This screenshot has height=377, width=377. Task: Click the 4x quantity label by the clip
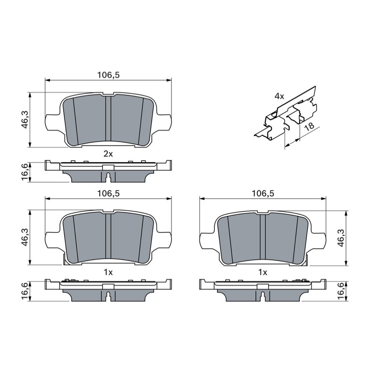tap(279, 97)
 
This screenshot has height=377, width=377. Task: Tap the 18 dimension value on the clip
tap(309, 126)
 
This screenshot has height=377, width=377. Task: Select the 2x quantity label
tap(108, 154)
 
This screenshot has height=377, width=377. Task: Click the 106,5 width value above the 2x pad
tap(108, 75)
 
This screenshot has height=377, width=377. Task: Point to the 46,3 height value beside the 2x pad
tap(25, 120)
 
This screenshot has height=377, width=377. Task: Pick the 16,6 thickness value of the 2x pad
tap(25, 172)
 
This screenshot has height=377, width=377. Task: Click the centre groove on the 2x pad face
tap(108, 119)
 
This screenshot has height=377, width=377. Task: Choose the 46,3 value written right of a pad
tap(341, 238)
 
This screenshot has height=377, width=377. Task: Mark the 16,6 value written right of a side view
tap(341, 291)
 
